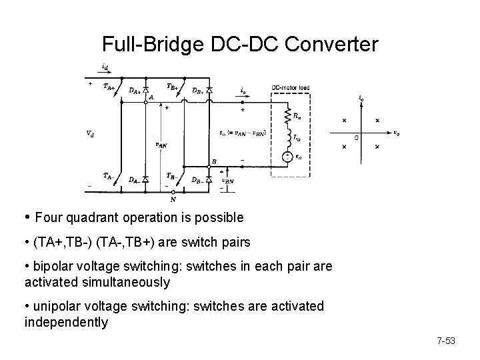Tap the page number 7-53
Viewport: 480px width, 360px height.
[x=445, y=341]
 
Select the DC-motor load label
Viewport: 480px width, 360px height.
[x=291, y=87]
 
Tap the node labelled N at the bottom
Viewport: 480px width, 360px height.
[x=173, y=198]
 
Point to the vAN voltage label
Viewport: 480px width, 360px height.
[x=161, y=143]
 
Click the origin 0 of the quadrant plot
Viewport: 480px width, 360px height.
[x=357, y=137]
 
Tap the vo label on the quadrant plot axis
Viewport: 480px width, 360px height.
[x=396, y=132]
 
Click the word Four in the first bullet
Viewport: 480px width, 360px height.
[x=47, y=217]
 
